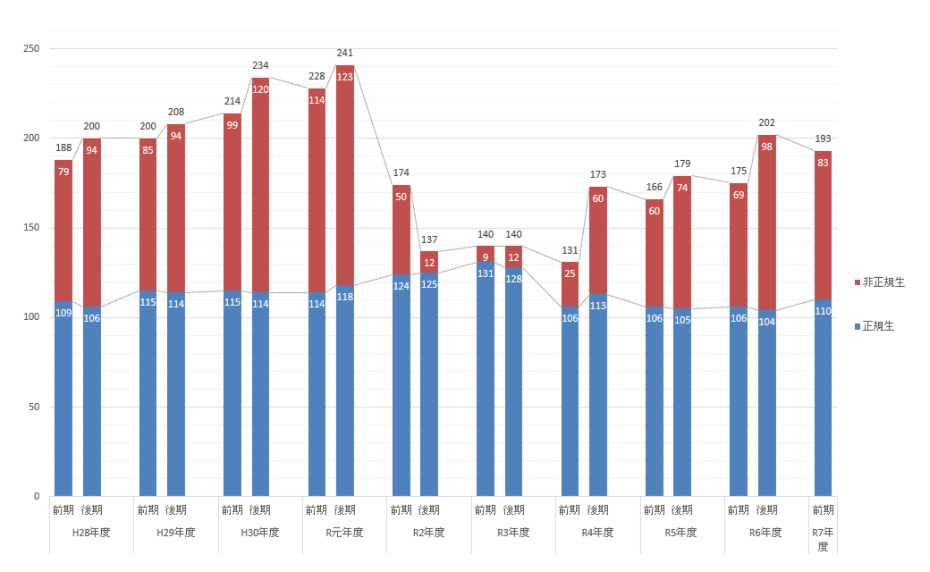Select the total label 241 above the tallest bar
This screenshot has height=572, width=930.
(345, 53)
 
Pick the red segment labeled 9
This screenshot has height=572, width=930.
(486, 255)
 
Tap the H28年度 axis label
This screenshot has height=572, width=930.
(91, 533)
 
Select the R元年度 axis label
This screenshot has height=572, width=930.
(344, 533)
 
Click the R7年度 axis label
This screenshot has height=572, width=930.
(823, 539)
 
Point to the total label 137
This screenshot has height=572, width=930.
(429, 240)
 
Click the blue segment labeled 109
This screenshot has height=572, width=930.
(63, 402)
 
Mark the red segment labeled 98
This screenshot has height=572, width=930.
(767, 223)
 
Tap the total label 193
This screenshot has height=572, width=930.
(823, 139)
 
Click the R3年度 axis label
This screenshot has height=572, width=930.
(513, 533)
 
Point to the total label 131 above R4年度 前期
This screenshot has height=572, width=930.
(570, 250)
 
